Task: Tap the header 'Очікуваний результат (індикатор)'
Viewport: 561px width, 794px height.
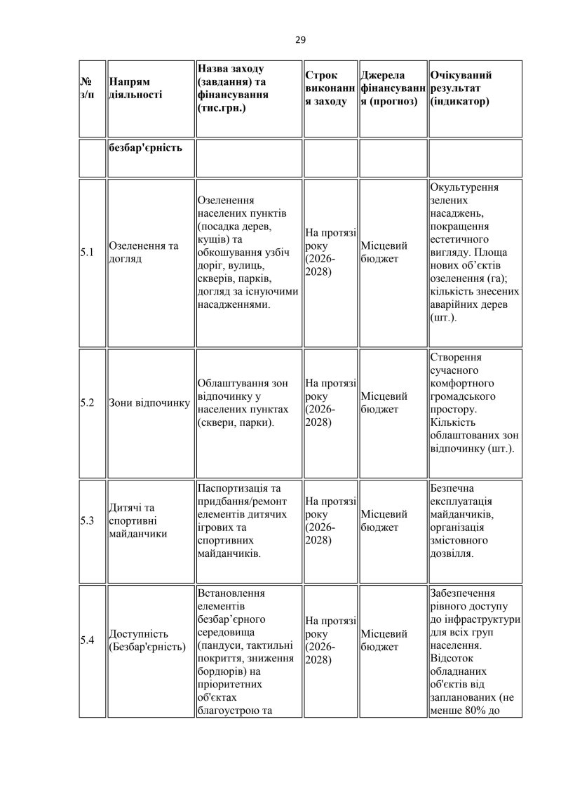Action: pyautogui.click(x=462, y=88)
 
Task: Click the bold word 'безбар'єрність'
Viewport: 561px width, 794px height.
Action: pyautogui.click(x=146, y=148)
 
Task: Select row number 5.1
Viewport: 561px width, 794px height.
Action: pyautogui.click(x=88, y=253)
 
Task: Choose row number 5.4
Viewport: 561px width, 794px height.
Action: pyautogui.click(x=88, y=639)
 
